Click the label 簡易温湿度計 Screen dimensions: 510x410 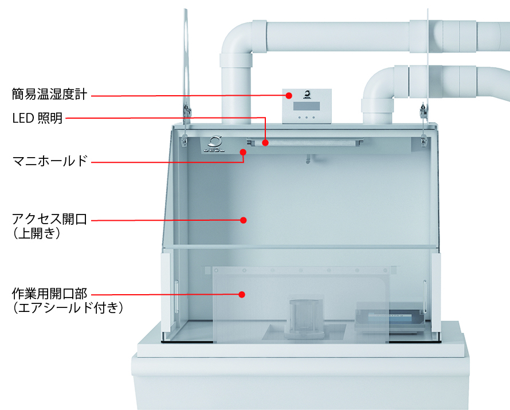click(x=49, y=94)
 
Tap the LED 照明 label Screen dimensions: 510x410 click(x=37, y=118)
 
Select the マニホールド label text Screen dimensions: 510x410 click(x=50, y=161)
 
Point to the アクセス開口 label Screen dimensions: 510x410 click(x=49, y=219)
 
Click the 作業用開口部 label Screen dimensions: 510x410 click(x=49, y=294)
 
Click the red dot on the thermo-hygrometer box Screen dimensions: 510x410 click(x=288, y=95)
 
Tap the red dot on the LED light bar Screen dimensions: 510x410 click(x=265, y=143)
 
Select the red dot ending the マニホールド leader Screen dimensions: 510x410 click(x=242, y=152)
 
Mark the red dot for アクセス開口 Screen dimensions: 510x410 click(x=244, y=220)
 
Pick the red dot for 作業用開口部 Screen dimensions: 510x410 click(x=242, y=295)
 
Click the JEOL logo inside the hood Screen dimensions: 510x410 click(x=214, y=144)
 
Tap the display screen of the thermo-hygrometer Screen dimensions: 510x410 click(x=307, y=106)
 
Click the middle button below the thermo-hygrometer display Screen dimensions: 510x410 click(x=307, y=117)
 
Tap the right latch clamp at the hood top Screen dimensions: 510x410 click(x=423, y=124)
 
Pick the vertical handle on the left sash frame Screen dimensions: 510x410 click(x=176, y=296)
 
